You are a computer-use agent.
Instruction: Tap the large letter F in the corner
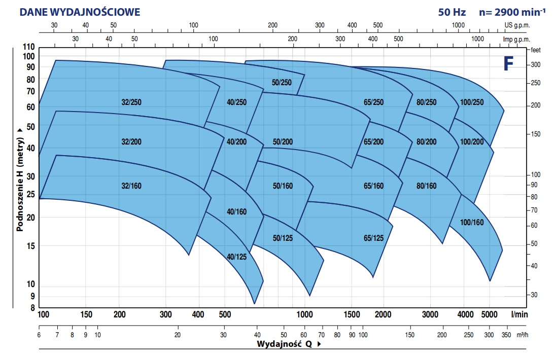(x=508, y=63)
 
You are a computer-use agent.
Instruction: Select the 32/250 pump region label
(x=131, y=102)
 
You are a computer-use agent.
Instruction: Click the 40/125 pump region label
(x=236, y=257)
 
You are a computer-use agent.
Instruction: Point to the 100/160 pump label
(x=472, y=222)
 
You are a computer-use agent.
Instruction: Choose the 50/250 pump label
(x=282, y=82)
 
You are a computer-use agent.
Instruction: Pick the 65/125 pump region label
(x=373, y=238)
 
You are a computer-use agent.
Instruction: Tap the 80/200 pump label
(x=426, y=141)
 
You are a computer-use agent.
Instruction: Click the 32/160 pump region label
(x=131, y=186)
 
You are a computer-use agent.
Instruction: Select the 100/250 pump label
(x=472, y=102)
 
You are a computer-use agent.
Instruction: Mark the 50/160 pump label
(x=283, y=186)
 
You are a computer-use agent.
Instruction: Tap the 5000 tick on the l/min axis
(x=490, y=314)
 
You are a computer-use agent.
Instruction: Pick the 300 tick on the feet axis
(x=536, y=65)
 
